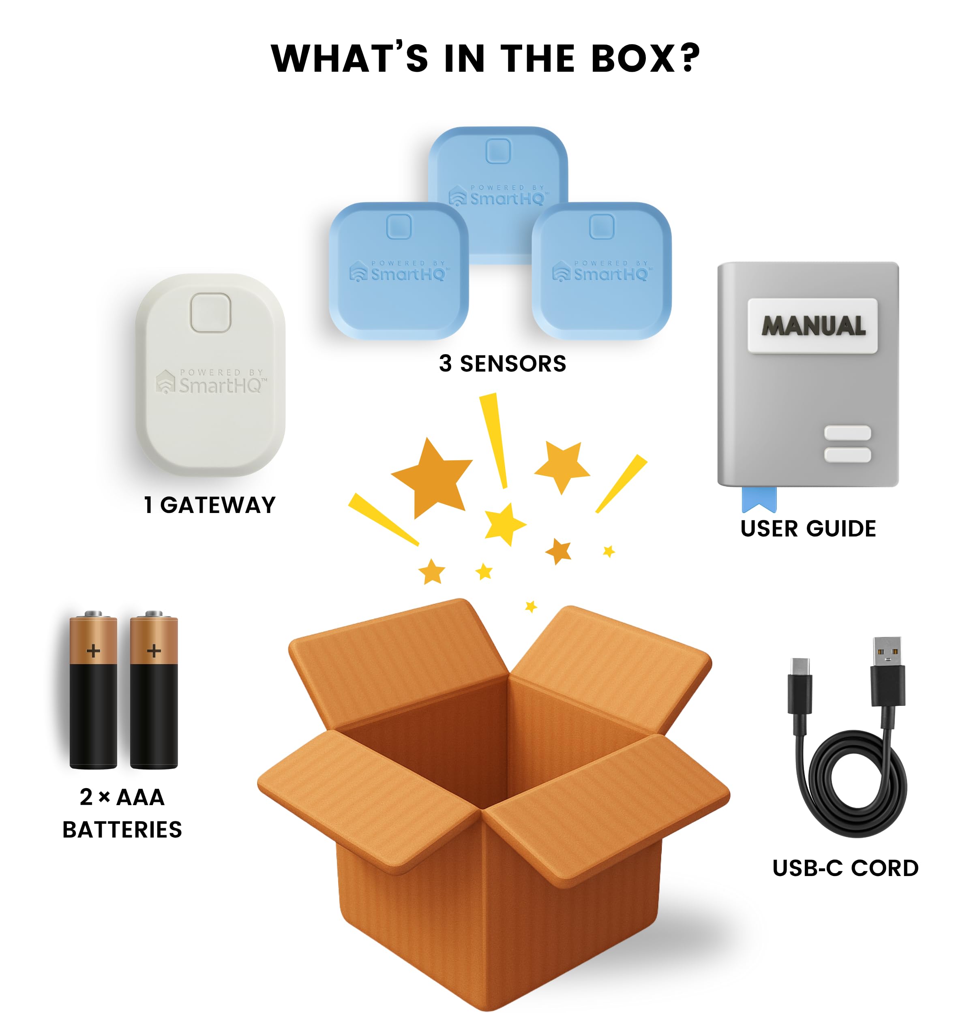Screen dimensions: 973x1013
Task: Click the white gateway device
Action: [210, 375]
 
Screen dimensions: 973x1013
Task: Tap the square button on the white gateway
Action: [210, 313]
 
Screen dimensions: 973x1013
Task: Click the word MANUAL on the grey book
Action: [813, 326]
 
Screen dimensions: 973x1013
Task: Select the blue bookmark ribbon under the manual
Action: [759, 499]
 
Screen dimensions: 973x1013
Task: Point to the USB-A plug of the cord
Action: [888, 672]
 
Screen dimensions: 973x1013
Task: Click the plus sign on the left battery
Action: [94, 650]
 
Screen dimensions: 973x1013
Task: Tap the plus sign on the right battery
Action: [154, 650]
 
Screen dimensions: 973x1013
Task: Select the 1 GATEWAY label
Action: [210, 505]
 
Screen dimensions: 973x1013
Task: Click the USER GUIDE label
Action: [808, 529]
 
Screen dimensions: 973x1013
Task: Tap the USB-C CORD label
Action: [845, 868]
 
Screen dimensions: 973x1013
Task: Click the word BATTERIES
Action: [122, 830]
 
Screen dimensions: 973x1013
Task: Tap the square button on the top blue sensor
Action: [498, 151]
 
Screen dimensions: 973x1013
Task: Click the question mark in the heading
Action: [690, 58]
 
